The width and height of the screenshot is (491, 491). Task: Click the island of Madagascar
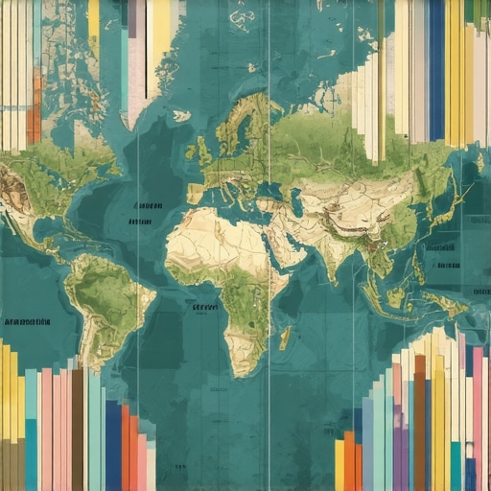click(x=285, y=338)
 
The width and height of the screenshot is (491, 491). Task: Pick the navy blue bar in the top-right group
click(x=436, y=67)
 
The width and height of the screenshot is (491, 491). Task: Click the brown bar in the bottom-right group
click(x=419, y=422)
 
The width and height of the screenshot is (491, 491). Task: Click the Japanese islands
click(x=443, y=206)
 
